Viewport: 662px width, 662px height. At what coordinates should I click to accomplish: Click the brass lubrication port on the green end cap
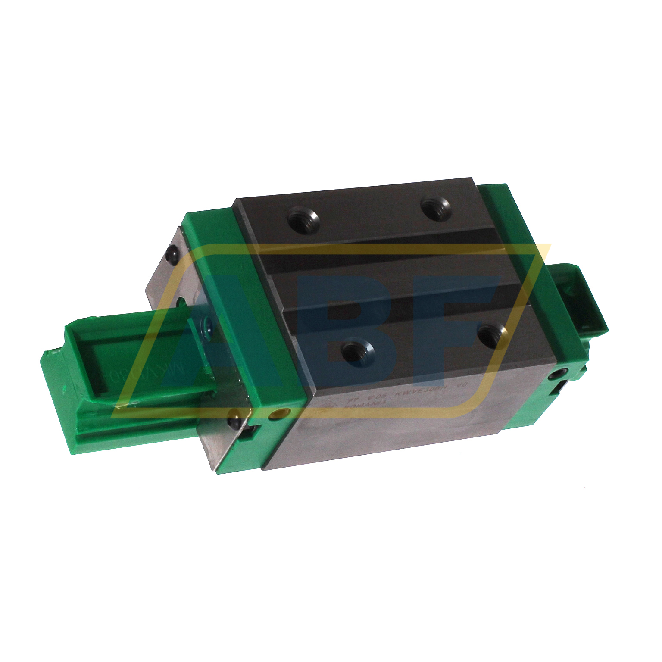[x=273, y=415]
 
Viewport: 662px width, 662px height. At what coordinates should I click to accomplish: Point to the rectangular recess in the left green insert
[x=129, y=366]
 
